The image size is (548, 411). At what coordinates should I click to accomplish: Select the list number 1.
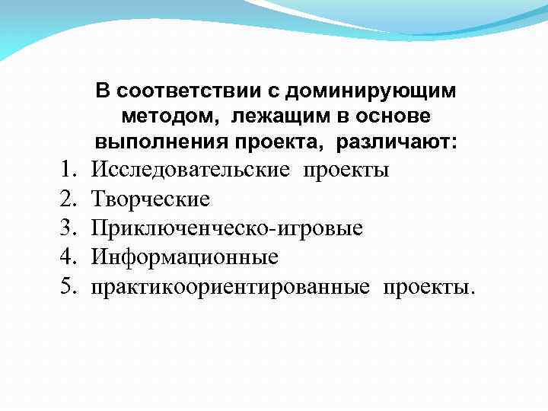point(68,170)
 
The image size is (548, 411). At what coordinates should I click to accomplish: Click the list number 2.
point(68,199)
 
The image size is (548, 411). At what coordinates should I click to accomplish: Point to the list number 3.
point(68,228)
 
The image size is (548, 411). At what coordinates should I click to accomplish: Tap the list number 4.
point(68,258)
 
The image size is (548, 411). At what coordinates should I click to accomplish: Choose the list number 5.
point(68,287)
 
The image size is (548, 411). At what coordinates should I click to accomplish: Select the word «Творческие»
point(151,199)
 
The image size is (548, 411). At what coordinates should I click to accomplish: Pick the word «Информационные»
point(185,258)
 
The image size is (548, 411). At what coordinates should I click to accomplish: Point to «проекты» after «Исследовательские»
point(346,170)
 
